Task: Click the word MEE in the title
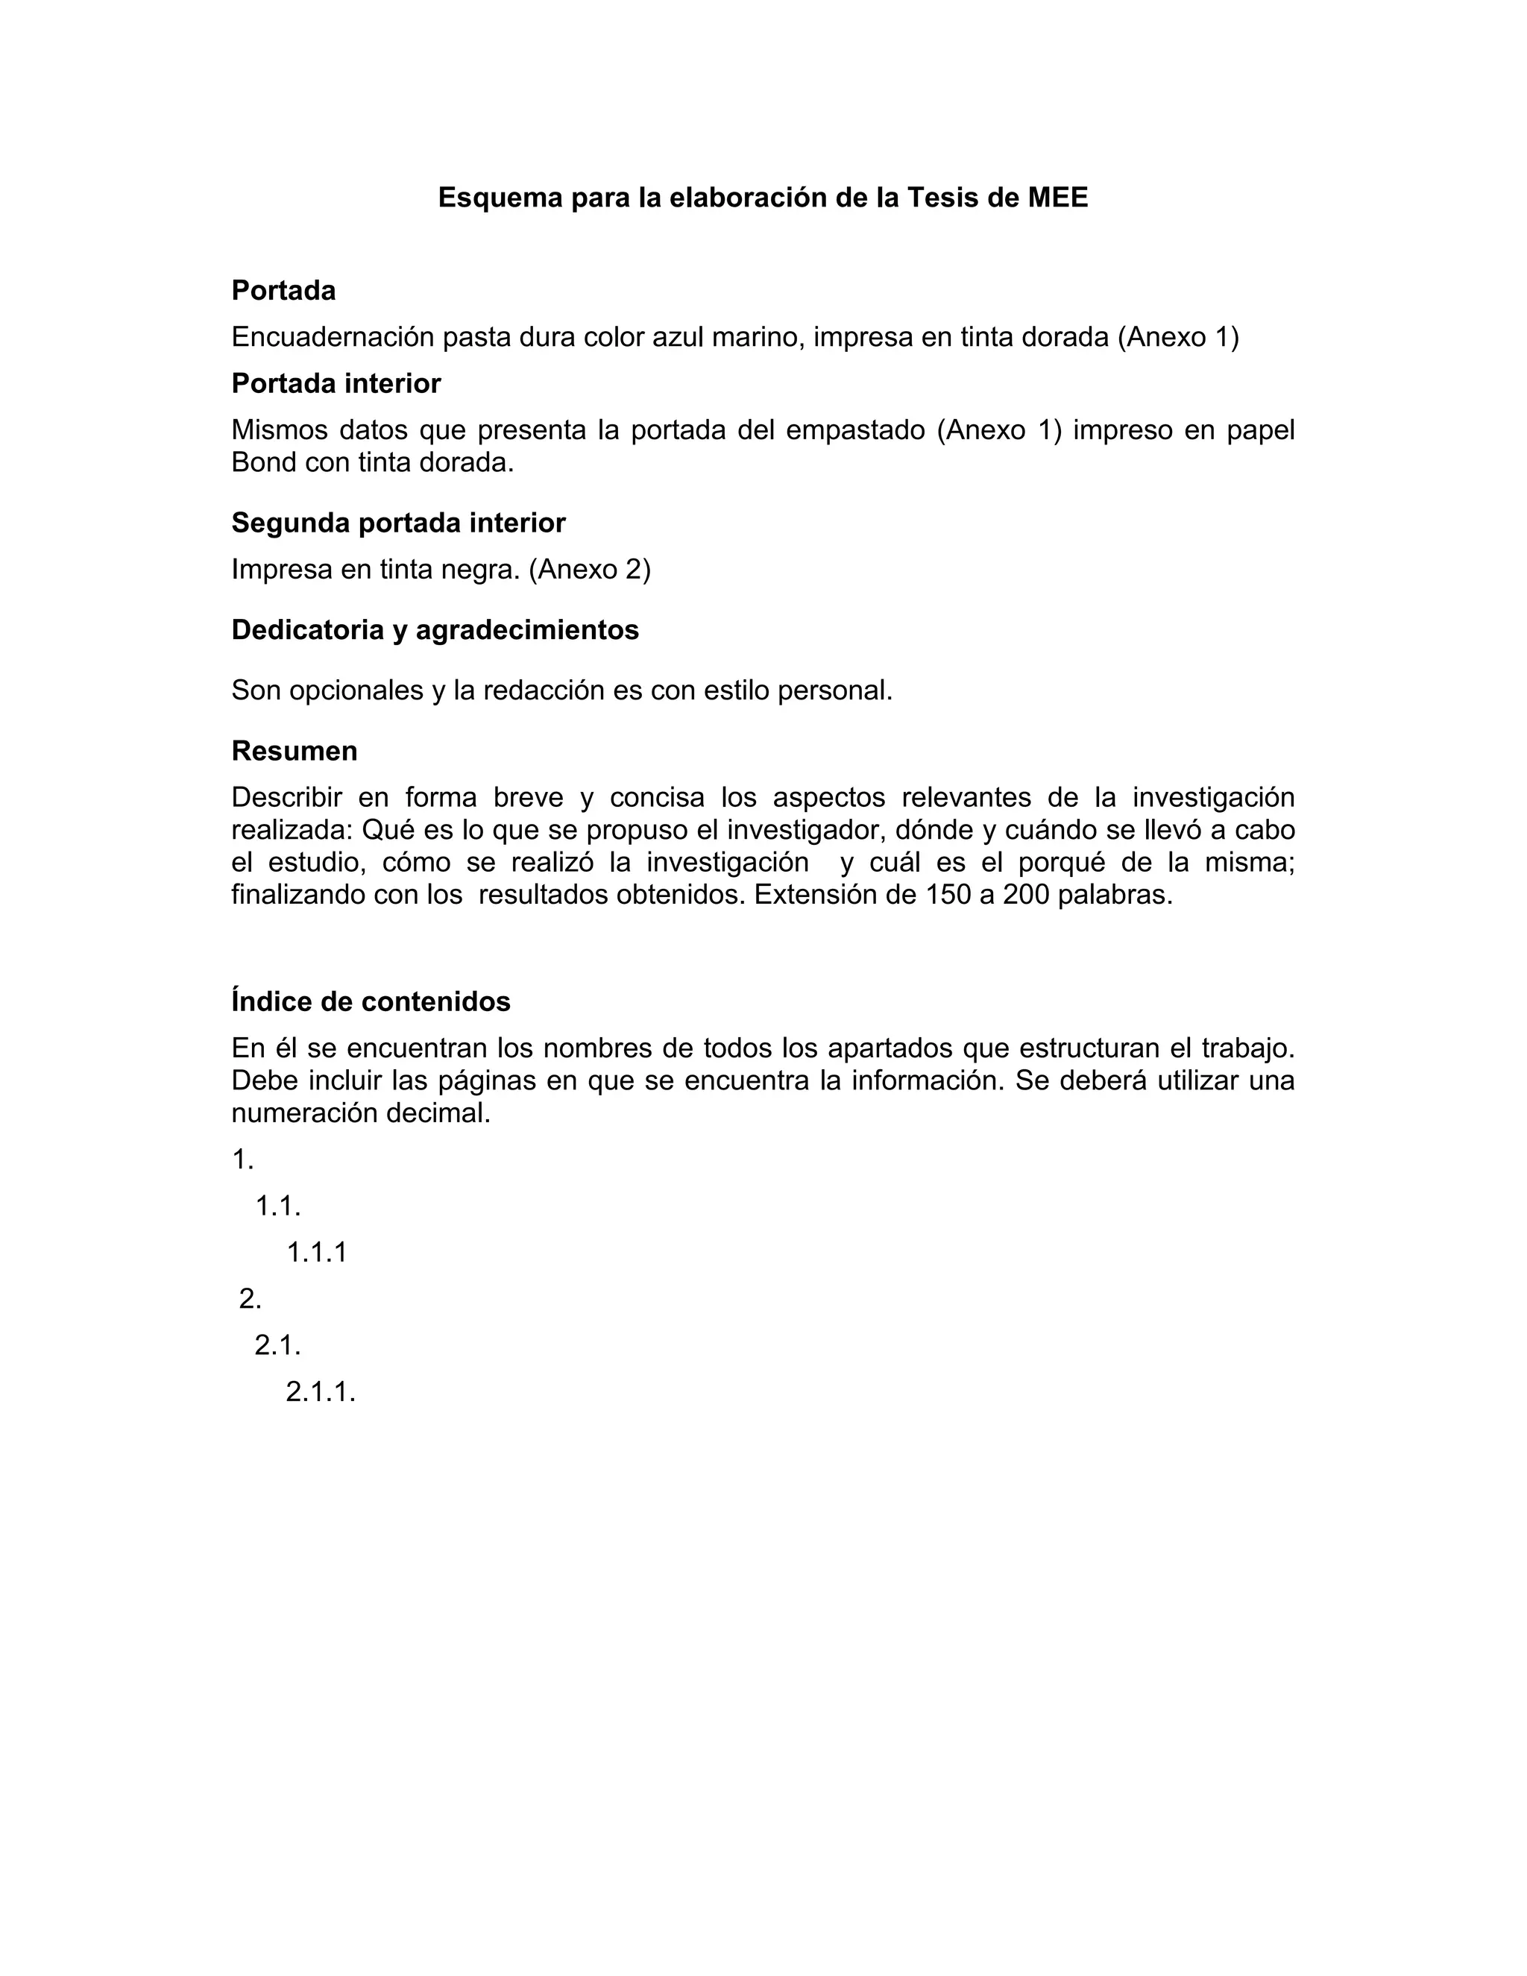[x=1057, y=198]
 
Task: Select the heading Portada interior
[x=336, y=383]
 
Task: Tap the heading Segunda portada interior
[x=398, y=523]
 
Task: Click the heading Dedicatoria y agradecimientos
[x=435, y=630]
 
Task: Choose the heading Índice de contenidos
[x=371, y=1001]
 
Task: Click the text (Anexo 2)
[x=590, y=569]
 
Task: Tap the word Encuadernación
[x=333, y=338]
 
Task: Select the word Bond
[x=264, y=462]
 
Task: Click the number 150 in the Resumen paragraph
[x=946, y=895]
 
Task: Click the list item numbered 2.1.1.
[x=320, y=1391]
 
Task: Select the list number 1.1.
[x=277, y=1206]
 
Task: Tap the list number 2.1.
[x=277, y=1345]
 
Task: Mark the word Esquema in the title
[x=500, y=198]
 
